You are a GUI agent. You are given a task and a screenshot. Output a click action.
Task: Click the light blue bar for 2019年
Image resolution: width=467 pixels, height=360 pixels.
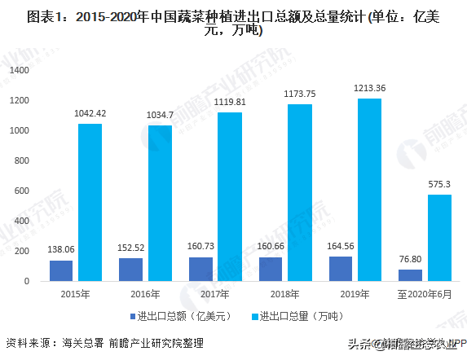[368, 190]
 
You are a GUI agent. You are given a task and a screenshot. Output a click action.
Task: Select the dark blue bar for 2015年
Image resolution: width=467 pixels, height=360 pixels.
[61, 270]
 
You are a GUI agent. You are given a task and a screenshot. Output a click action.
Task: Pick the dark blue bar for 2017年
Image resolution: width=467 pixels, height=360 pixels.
[200, 269]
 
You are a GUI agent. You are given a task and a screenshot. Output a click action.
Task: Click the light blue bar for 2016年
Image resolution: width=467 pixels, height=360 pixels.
[160, 203]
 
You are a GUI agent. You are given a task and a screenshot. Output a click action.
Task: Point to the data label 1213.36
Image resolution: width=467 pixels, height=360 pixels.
[369, 88]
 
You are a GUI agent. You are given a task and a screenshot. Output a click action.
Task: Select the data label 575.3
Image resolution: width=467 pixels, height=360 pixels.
[439, 184]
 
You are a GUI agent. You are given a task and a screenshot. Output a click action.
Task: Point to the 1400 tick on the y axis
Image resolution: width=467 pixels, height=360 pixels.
[20, 71]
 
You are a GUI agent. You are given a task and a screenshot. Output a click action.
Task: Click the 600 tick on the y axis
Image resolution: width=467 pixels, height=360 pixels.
[23, 191]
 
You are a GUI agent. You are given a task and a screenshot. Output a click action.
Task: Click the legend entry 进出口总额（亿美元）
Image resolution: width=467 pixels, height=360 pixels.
[173, 315]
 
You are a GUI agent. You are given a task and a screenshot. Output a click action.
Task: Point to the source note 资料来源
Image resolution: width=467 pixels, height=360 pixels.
[104, 343]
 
